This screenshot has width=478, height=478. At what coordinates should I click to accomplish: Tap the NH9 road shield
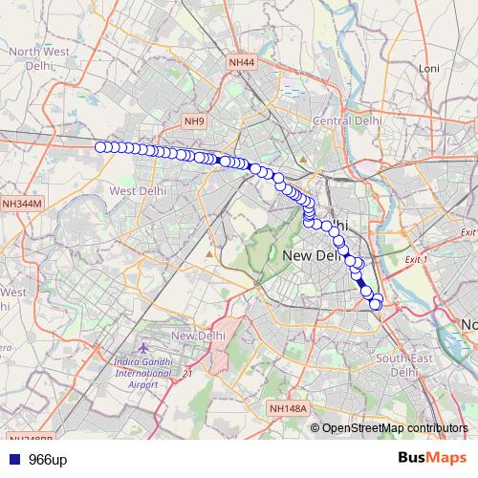(195, 121)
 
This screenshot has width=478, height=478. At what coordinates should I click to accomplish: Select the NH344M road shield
(21, 204)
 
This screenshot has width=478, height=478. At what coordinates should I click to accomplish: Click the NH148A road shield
(288, 408)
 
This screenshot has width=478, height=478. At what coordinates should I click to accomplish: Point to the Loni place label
(427, 70)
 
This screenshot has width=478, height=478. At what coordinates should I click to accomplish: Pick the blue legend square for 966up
(11, 459)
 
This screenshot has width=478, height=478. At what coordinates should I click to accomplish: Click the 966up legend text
(47, 459)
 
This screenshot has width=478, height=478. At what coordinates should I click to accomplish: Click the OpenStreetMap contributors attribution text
(388, 427)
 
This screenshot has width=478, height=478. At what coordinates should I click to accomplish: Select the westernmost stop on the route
(99, 146)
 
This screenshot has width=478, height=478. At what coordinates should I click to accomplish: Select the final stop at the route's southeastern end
(376, 304)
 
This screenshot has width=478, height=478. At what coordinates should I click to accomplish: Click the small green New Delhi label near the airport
(197, 336)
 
